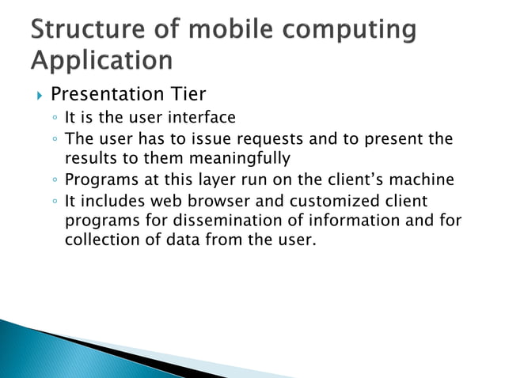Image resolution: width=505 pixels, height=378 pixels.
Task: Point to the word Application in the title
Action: tap(102, 60)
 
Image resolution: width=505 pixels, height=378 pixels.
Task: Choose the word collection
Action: tap(99, 240)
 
